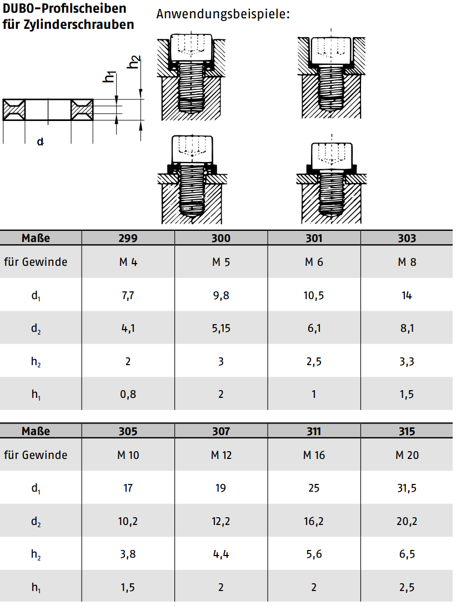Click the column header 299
tap(128, 238)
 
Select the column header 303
tap(407, 238)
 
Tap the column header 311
tap(314, 431)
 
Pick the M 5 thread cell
tap(221, 262)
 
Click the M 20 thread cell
tap(407, 455)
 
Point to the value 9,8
tap(221, 296)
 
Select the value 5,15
tap(221, 329)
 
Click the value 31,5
tap(407, 488)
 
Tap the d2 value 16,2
tap(314, 521)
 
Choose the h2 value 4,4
tap(221, 554)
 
